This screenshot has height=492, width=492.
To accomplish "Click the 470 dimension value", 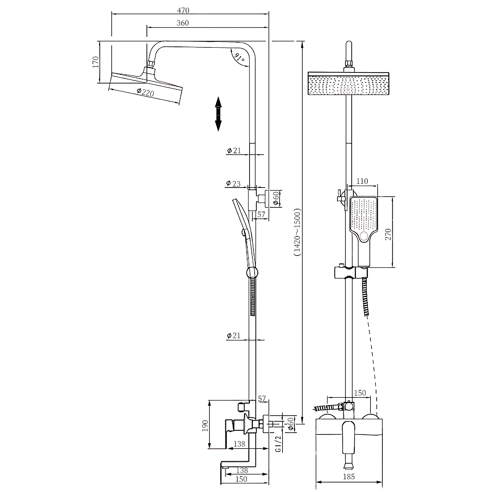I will (x=183, y=10).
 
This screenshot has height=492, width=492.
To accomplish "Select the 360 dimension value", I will (x=183, y=23).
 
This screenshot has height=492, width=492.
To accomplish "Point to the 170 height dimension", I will (x=95, y=62).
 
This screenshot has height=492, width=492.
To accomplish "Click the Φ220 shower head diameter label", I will (x=145, y=92).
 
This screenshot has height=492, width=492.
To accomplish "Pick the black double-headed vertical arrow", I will (x=218, y=114).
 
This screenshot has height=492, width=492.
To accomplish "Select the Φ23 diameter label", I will (x=233, y=183).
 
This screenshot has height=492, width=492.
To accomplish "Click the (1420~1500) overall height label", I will (x=297, y=232).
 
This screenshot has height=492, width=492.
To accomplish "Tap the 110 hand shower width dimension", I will (x=362, y=181).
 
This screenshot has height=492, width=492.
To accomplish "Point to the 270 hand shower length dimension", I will (x=388, y=234).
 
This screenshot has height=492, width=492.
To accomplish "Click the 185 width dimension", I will (x=349, y=477).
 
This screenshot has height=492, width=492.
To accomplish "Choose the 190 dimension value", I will (x=205, y=426).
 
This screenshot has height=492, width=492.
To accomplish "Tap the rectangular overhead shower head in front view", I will (x=348, y=84).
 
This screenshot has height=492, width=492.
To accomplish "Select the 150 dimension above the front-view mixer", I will (x=360, y=393).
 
